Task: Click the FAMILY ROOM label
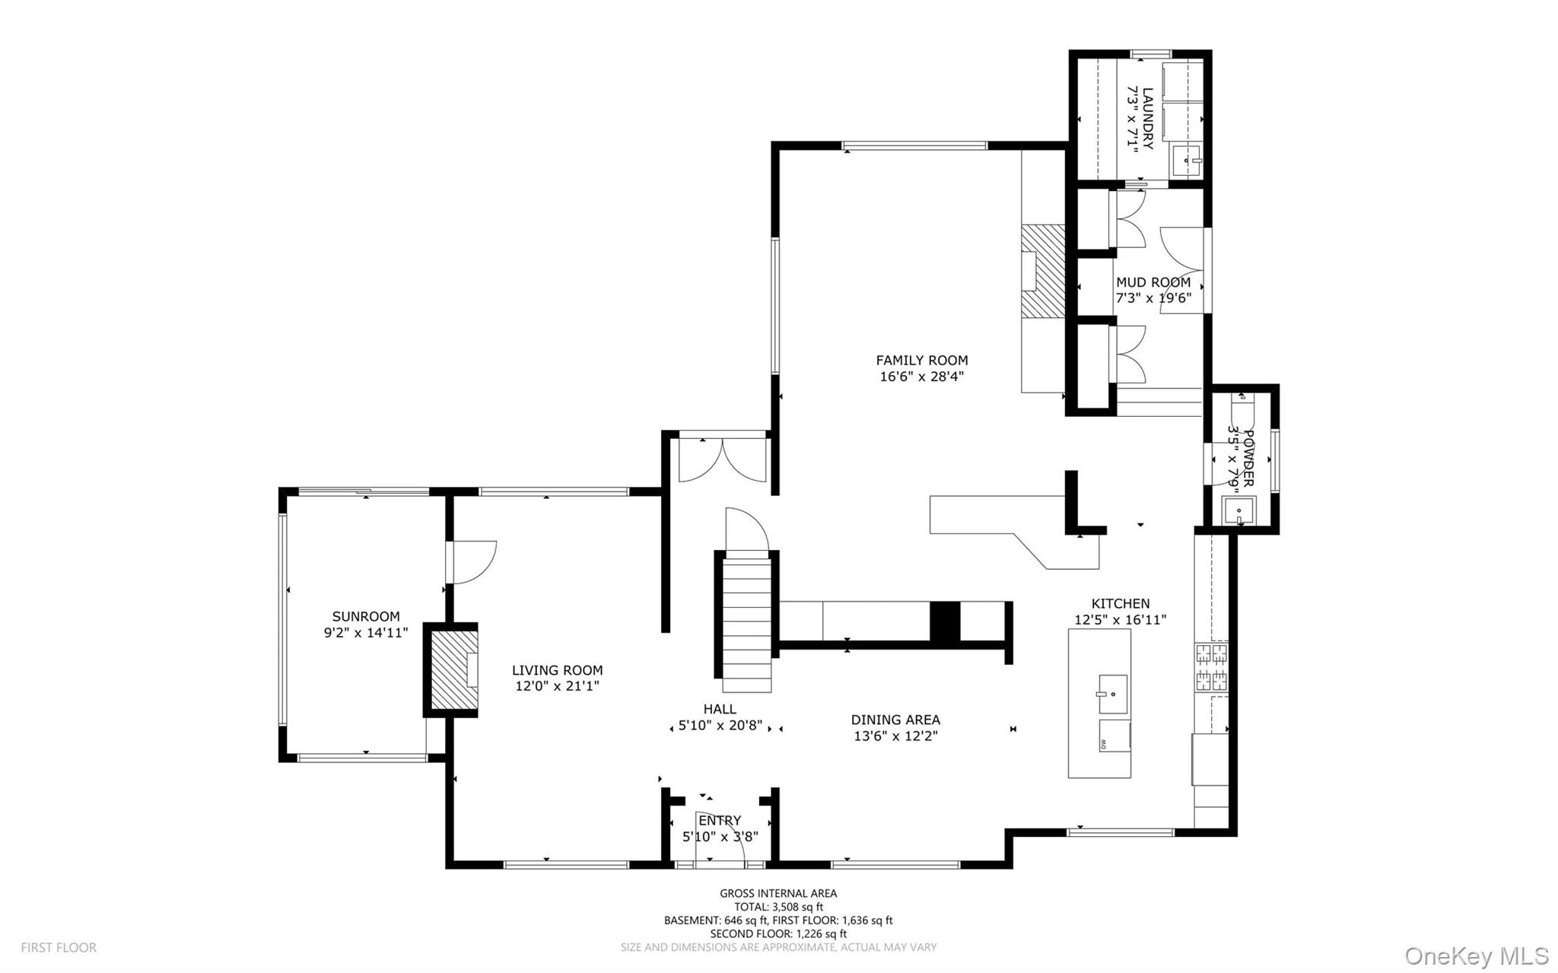click(x=921, y=360)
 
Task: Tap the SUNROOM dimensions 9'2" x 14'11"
click(x=366, y=632)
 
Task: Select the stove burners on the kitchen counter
click(x=1211, y=666)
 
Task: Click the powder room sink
click(x=1238, y=510)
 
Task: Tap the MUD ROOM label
click(x=1153, y=282)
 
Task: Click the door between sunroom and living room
click(x=472, y=561)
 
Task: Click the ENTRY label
click(x=719, y=820)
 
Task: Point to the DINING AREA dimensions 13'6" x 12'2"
click(x=895, y=736)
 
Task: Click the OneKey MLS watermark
click(x=1476, y=955)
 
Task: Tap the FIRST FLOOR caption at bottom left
click(x=59, y=948)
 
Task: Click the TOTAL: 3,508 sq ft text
click(x=778, y=907)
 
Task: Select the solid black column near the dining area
click(x=946, y=622)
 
